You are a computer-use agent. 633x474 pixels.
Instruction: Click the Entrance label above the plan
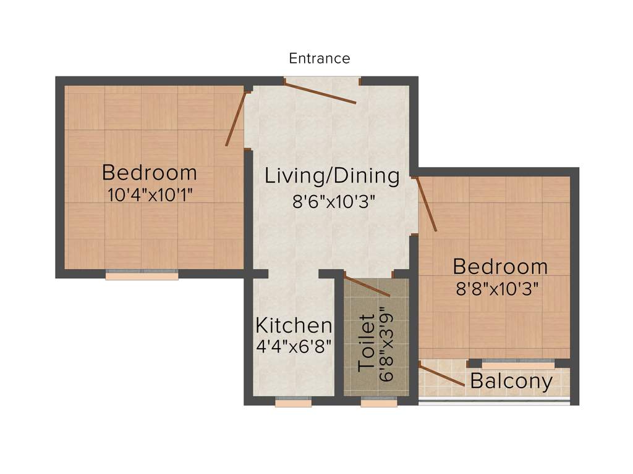coord(320,59)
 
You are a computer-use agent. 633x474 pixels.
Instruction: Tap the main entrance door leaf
coord(320,92)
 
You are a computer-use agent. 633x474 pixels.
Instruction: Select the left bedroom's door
coord(237,118)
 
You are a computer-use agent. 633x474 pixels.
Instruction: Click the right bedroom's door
coord(427,204)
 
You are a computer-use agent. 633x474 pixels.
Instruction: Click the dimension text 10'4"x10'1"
coord(150,195)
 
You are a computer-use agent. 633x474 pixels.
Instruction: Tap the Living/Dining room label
coord(332,176)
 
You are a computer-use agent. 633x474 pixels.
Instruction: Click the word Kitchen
coord(294,325)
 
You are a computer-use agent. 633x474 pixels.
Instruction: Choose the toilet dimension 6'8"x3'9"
coord(388,343)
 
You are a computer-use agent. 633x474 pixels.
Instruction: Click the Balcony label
coord(511,381)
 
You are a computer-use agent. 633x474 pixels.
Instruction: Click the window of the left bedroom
coord(142,275)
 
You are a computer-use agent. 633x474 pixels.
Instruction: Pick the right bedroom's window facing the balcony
coord(518,364)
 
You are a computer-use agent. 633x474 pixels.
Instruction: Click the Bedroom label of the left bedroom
coord(150,172)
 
